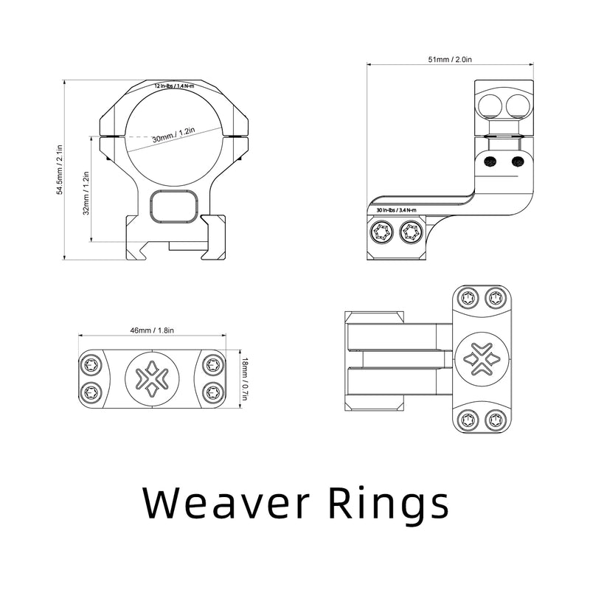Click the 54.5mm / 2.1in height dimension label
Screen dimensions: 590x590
click(60, 170)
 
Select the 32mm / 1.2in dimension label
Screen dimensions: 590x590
click(86, 193)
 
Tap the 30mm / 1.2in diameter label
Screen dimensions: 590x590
click(173, 135)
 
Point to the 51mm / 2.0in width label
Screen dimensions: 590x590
click(450, 60)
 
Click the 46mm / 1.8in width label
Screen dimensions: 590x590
click(152, 330)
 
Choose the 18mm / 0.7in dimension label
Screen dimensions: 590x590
click(245, 379)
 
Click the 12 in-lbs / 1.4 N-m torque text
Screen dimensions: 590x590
click(174, 86)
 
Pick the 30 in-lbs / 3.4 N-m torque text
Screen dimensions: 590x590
click(397, 210)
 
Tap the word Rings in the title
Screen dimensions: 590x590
click(389, 505)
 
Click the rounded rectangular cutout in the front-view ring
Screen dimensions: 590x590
click(174, 206)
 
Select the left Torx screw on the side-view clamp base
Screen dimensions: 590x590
click(381, 233)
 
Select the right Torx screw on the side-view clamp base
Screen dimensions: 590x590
click(412, 233)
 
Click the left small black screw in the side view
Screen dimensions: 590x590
click(490, 162)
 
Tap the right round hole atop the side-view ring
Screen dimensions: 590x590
click(518, 105)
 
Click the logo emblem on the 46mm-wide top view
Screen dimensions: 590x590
click(152, 379)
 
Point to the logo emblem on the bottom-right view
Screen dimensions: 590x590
click(482, 359)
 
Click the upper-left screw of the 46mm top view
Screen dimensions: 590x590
click(91, 364)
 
